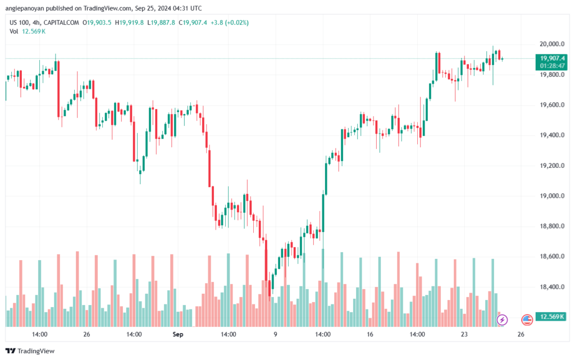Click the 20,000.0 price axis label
pos(550,44)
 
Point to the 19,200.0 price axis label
pos(550,166)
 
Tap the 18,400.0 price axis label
pos(550,287)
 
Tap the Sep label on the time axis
pos(179,334)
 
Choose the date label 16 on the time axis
pos(370,334)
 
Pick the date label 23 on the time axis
pos(464,334)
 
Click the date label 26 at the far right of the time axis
pos(521,334)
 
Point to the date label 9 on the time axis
pos(275,334)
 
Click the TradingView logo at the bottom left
pos(32,351)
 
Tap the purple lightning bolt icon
pos(502,320)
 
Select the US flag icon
pos(527,320)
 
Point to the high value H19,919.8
pos(130,22)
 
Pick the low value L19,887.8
pos(162,22)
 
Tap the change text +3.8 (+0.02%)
pos(229,22)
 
